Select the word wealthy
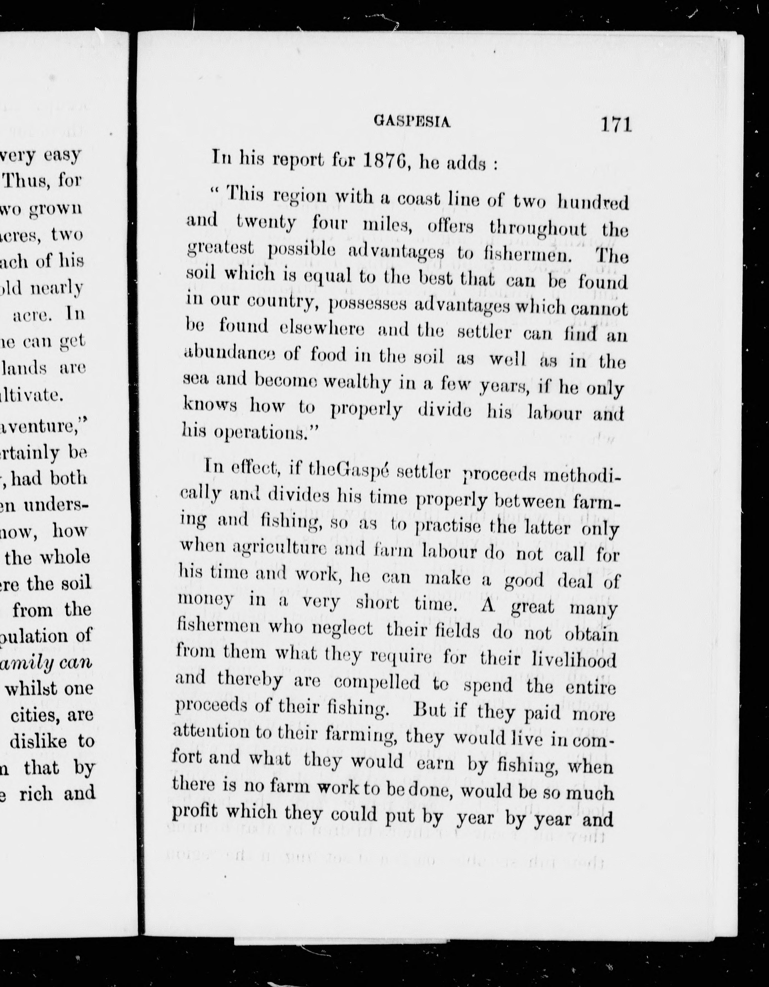point(357,382)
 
